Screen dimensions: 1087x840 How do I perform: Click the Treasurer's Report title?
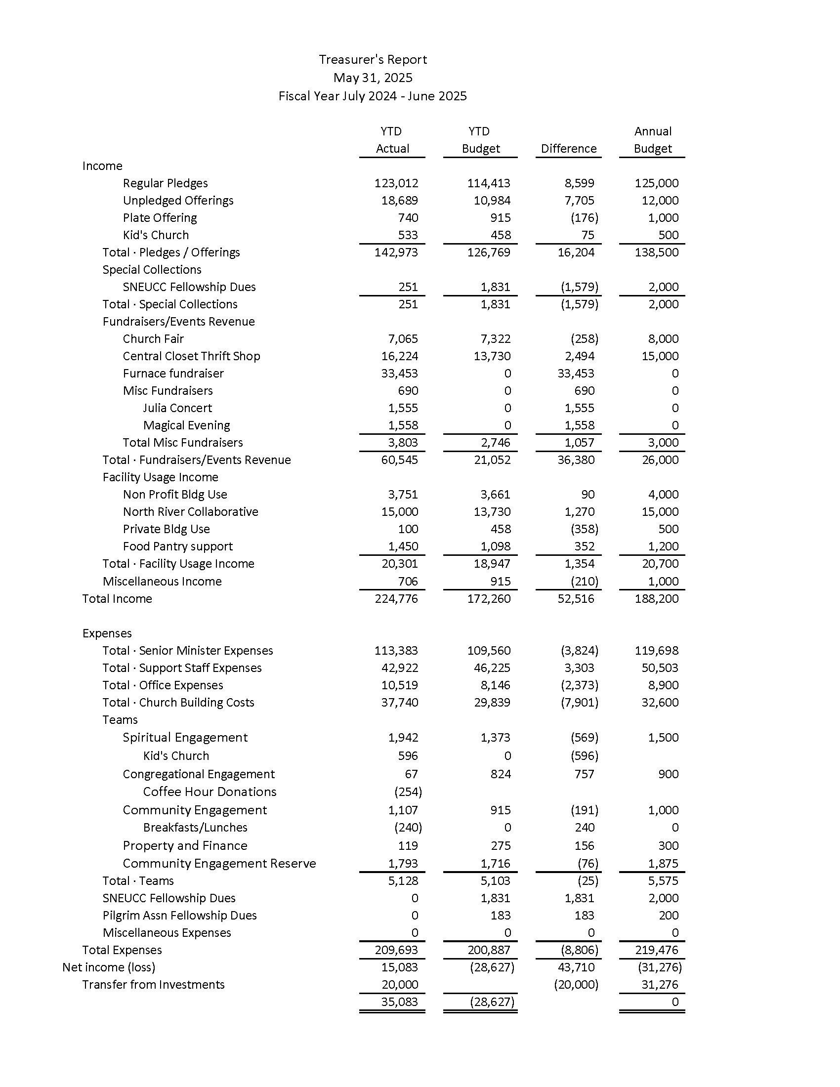point(373,60)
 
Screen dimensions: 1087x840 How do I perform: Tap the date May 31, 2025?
point(373,78)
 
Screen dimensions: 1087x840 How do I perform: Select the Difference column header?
point(568,149)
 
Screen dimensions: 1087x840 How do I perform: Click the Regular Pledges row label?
point(165,183)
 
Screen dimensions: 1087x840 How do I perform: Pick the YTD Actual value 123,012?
point(396,183)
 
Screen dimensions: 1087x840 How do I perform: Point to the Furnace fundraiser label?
point(173,373)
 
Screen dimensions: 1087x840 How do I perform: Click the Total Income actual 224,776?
point(396,599)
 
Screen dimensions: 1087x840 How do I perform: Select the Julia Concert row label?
point(177,408)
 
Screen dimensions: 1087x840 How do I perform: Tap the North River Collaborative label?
point(191,512)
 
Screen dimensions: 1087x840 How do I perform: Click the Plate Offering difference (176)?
point(584,218)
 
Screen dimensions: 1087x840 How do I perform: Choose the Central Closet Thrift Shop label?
point(192,356)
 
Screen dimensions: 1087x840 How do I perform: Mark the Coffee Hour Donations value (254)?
point(408,792)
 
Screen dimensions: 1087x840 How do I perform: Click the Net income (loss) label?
point(109,967)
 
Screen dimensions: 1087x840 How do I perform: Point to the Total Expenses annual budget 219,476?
point(656,950)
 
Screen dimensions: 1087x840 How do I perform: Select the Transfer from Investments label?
point(153,985)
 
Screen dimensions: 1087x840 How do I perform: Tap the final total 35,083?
point(399,1002)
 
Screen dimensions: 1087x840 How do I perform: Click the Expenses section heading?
point(107,633)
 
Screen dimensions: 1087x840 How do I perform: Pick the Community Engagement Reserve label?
point(219,864)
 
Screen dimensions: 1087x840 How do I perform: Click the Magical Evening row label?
point(187,425)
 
